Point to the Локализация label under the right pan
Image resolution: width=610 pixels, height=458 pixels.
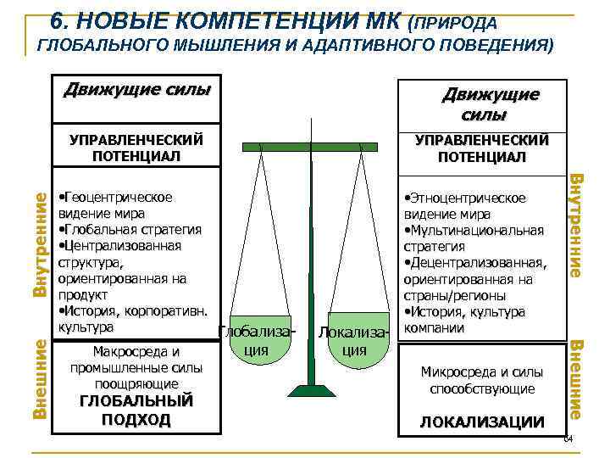357,340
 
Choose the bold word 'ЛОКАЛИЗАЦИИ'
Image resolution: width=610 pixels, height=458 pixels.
482,422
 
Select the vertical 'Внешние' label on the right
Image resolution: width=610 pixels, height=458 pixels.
574,378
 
